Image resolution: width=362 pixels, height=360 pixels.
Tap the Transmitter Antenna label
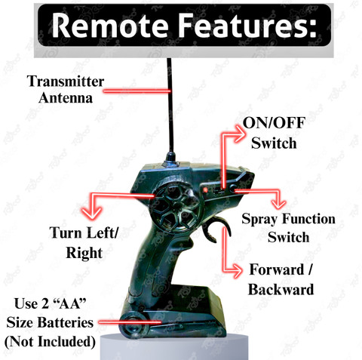[66, 89]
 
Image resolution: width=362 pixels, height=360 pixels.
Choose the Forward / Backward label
[281, 279]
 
